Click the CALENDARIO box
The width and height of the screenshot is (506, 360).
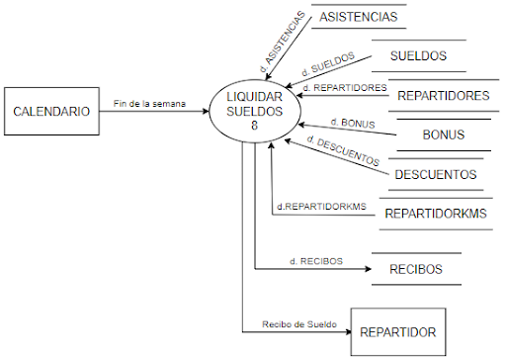click(50, 111)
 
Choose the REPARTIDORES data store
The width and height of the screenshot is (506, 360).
click(443, 96)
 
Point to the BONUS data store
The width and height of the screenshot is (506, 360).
click(443, 135)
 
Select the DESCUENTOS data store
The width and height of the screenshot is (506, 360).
click(436, 175)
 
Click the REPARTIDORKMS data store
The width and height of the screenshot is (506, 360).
click(436, 214)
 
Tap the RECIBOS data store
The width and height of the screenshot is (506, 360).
click(415, 268)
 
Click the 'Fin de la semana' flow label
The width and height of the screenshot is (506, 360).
click(149, 103)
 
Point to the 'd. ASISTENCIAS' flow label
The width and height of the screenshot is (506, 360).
click(278, 41)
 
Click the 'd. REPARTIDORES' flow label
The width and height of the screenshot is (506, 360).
click(342, 89)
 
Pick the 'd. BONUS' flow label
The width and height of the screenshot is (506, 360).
click(348, 123)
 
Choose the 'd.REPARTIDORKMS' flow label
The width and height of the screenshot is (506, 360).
click(321, 206)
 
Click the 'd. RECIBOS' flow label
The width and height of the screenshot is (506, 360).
click(316, 260)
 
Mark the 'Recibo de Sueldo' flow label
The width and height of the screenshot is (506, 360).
click(298, 322)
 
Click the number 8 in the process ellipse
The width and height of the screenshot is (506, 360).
click(254, 126)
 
